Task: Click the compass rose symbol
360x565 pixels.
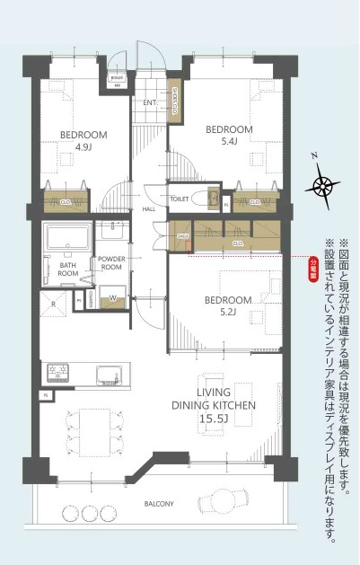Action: (x=321, y=185)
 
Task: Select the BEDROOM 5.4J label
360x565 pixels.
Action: (x=229, y=136)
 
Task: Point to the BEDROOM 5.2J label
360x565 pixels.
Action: (x=226, y=305)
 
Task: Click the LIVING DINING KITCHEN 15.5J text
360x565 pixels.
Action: (x=215, y=405)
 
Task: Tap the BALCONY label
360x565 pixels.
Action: (x=158, y=504)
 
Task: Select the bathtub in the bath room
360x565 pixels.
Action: (x=66, y=241)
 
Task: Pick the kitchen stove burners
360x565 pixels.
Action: (x=59, y=372)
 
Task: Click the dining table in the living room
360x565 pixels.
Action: (x=93, y=425)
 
